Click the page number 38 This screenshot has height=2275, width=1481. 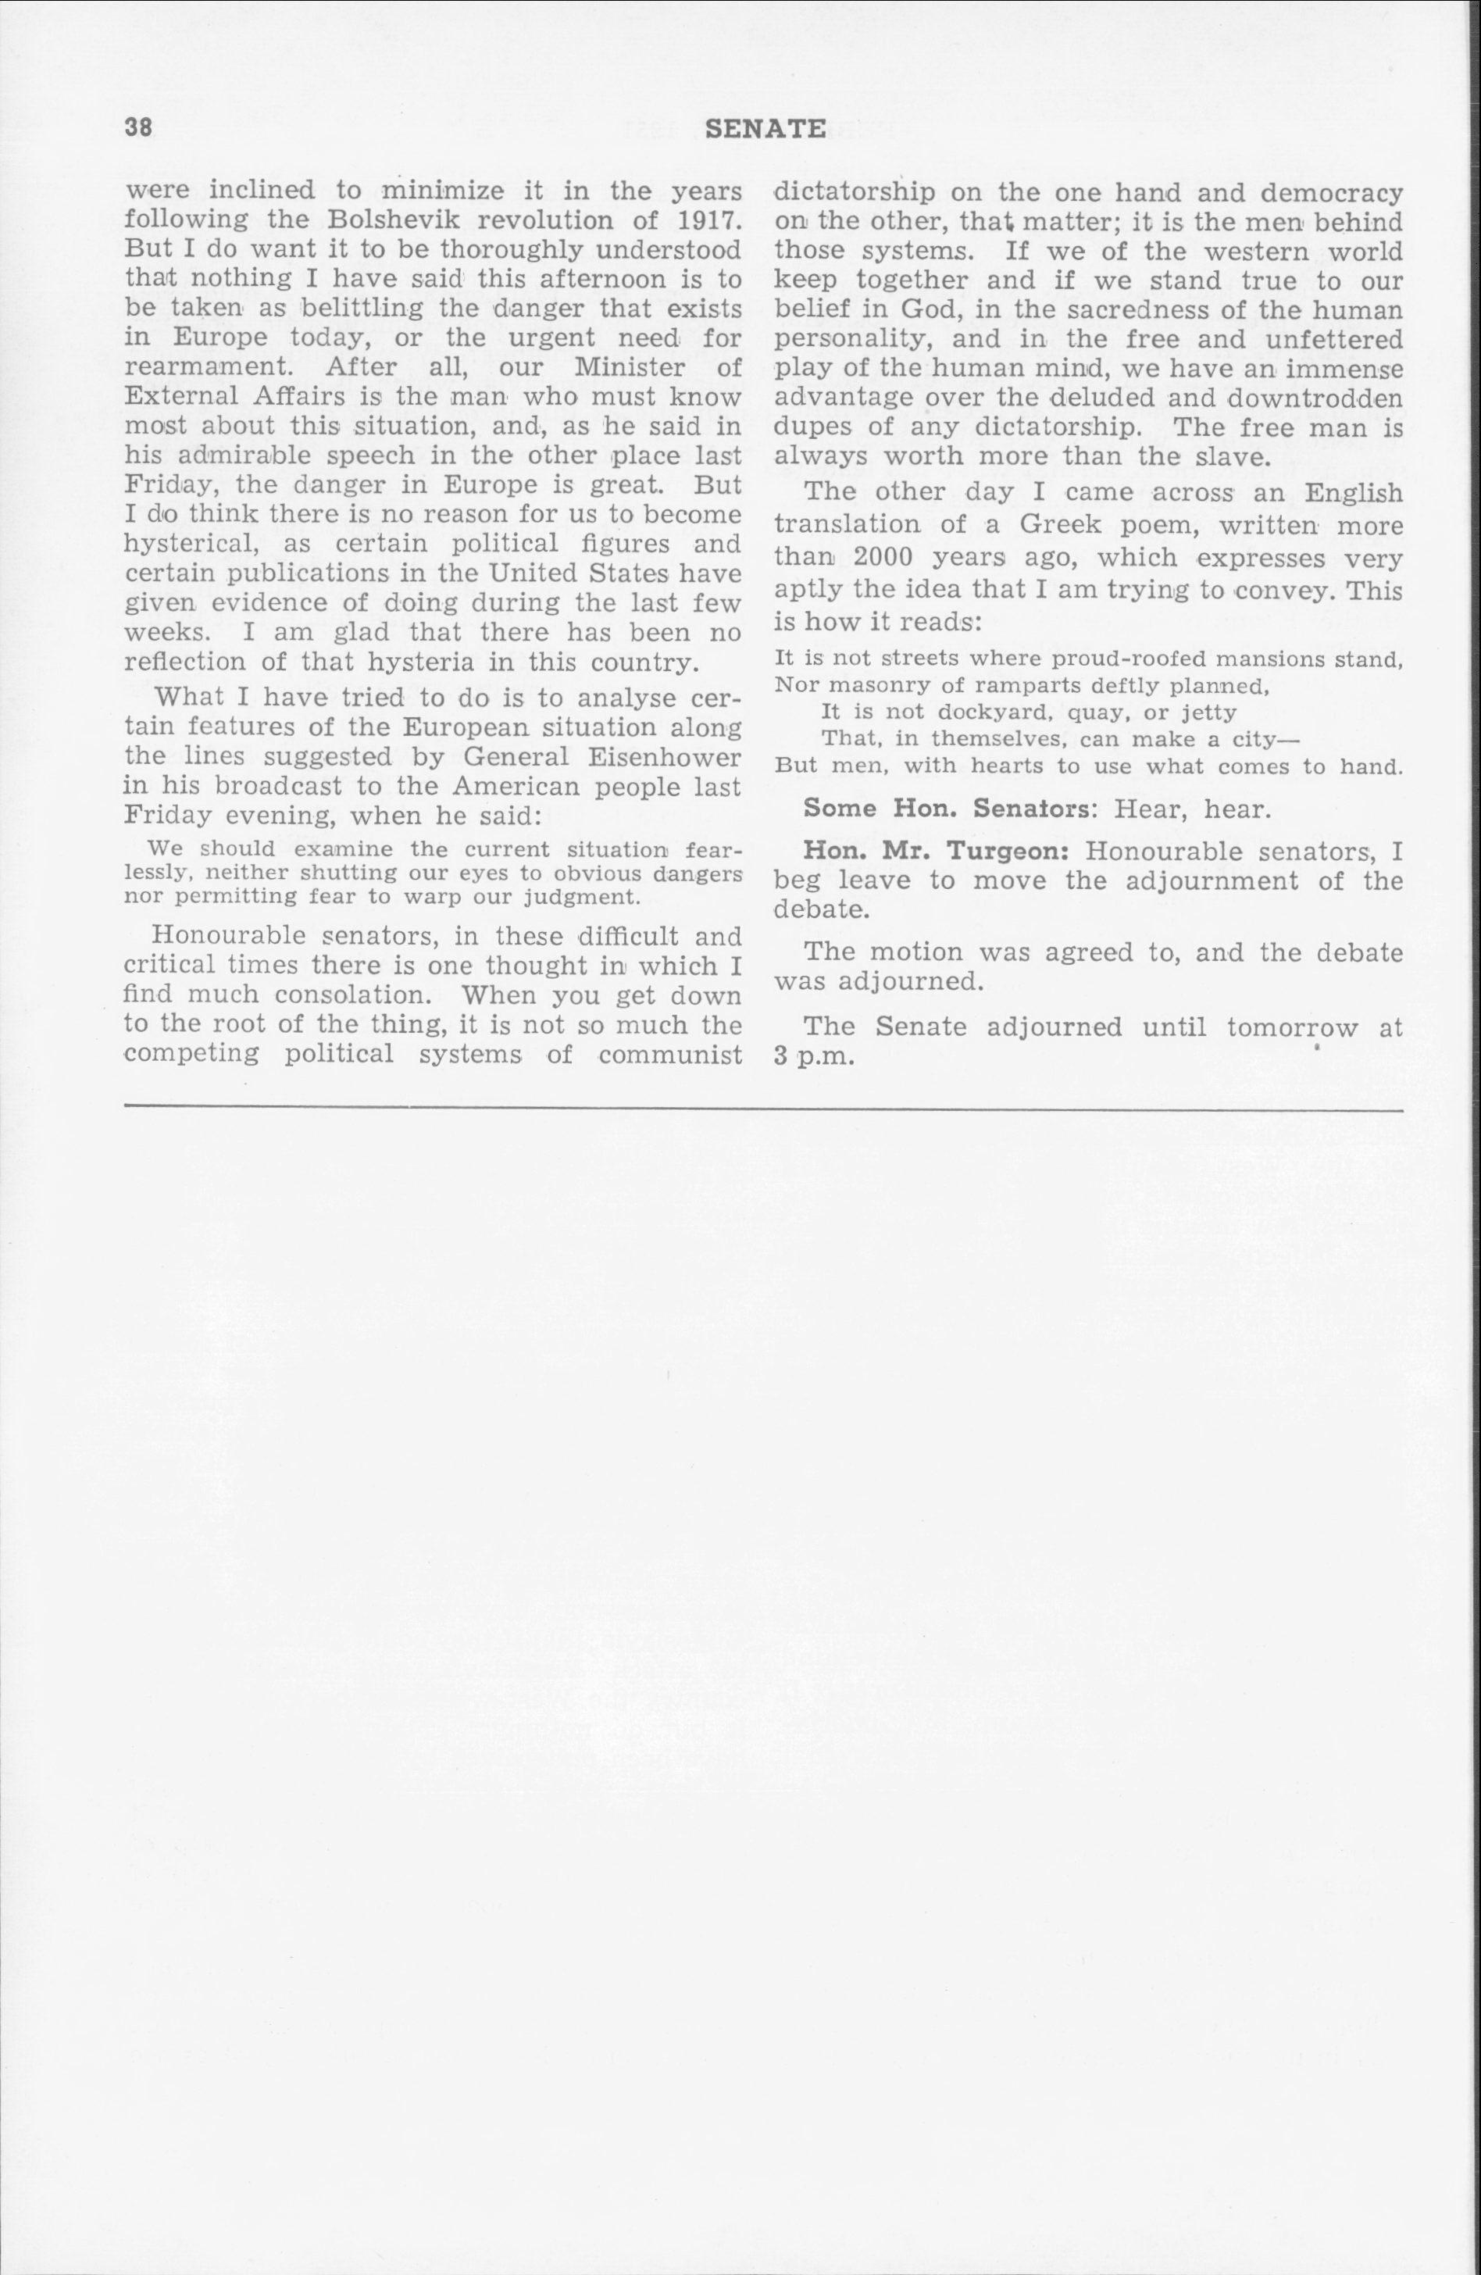[x=138, y=128]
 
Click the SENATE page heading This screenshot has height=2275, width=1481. [x=765, y=129]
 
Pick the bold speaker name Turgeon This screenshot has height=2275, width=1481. [x=1018, y=851]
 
